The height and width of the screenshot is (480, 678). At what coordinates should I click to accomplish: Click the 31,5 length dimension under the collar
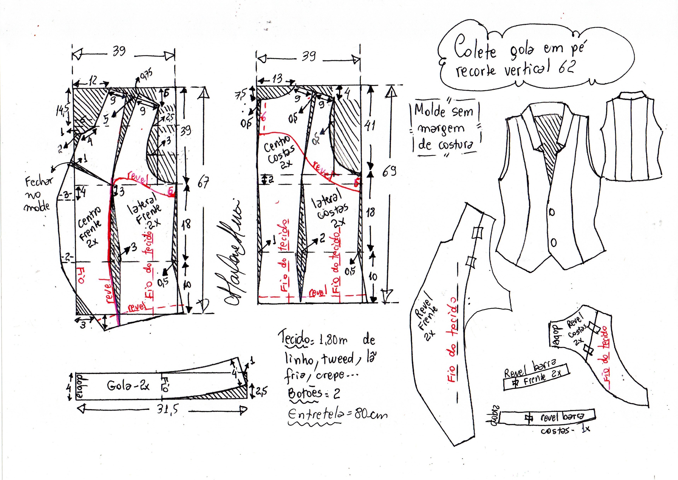pyautogui.click(x=168, y=410)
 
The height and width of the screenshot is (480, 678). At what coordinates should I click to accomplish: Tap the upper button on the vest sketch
pyautogui.click(x=552, y=212)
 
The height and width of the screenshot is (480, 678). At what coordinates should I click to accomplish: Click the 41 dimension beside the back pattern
pyautogui.click(x=370, y=126)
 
